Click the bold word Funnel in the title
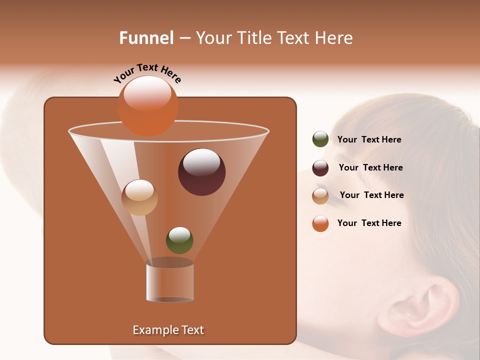point(146,38)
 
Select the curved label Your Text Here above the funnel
point(147,73)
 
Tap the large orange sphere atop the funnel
point(147,105)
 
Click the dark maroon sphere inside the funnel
point(201,172)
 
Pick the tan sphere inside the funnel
point(139,197)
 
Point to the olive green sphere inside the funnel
point(179,240)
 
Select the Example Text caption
point(168,330)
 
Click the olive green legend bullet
point(320,139)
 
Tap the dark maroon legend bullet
point(320,168)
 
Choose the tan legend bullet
point(320,196)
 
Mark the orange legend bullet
point(320,223)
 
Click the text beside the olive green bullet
point(369,140)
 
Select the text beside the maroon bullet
point(370,168)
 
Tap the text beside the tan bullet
point(371,195)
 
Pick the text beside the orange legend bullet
point(369,223)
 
